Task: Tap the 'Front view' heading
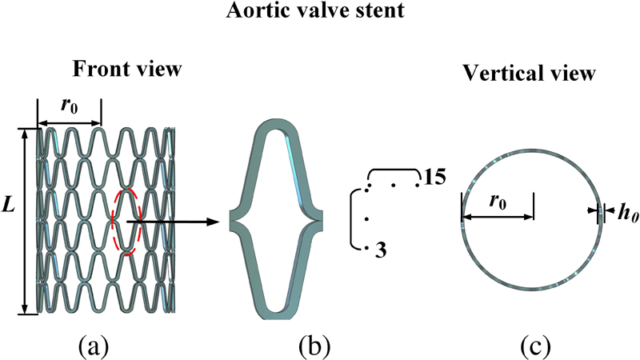pyautogui.click(x=127, y=69)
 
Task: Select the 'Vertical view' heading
pyautogui.click(x=529, y=74)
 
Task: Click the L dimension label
pyautogui.click(x=10, y=206)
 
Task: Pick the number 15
pyautogui.click(x=435, y=176)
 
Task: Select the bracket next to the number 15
pyautogui.click(x=392, y=170)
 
